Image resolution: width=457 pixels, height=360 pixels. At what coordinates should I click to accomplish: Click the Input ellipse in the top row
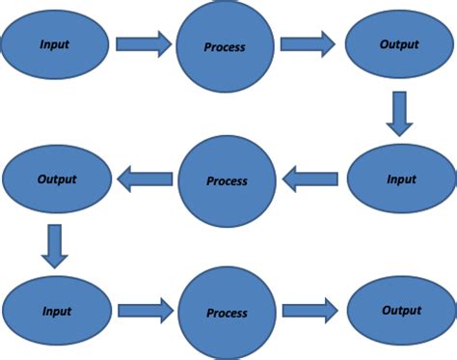pos(54,43)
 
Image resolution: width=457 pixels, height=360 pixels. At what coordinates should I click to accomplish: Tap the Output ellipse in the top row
pos(399,44)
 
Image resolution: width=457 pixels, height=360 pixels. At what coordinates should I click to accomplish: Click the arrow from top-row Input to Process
pos(144,43)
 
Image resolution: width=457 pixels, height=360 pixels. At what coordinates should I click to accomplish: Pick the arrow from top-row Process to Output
pos(308,44)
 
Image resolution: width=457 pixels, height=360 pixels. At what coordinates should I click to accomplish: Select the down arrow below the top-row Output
pos(399,113)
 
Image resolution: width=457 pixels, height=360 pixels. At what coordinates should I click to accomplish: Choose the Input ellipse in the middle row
pos(399,180)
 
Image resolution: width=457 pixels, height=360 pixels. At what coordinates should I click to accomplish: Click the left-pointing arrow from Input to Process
pos(309,178)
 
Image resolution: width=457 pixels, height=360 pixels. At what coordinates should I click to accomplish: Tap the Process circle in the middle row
pos(227,180)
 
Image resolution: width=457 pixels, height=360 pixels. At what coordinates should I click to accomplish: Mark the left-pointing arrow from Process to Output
pos(145,178)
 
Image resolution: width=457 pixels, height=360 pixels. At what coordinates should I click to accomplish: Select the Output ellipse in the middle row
pos(54,179)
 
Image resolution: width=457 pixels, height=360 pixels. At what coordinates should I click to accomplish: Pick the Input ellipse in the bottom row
pos(54,312)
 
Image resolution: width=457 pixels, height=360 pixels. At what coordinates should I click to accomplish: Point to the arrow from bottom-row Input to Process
pos(145,311)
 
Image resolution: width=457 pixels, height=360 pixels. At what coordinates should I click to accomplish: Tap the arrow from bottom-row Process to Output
pos(309,311)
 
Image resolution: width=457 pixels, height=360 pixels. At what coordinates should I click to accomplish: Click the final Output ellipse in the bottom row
pos(399,311)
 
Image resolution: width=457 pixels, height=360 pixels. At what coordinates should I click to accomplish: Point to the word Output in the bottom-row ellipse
pos(399,311)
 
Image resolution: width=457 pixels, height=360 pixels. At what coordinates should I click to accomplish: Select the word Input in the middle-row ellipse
pos(399,180)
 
